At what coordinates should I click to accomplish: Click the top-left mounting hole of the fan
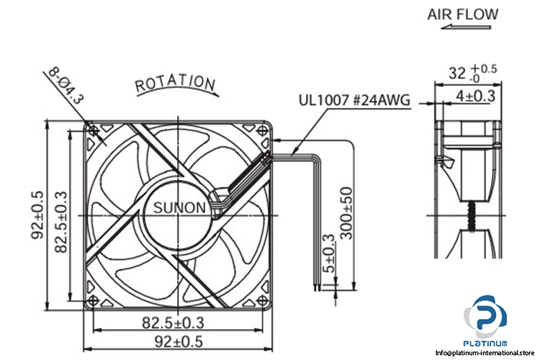coord(94,130)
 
